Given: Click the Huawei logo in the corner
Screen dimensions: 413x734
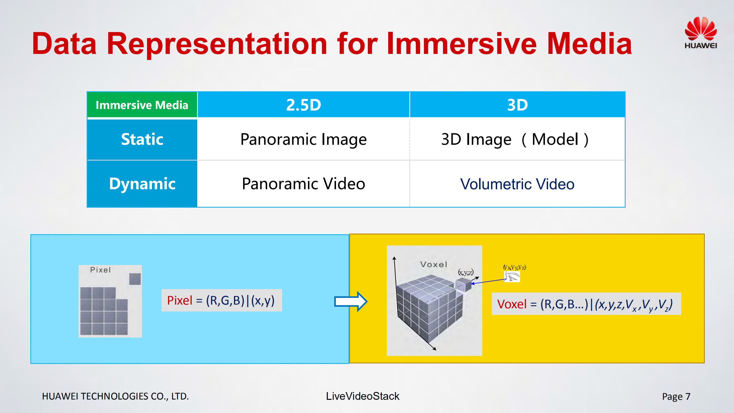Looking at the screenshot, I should pyautogui.click(x=700, y=33).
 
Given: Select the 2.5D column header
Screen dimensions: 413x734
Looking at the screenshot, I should pyautogui.click(x=303, y=105).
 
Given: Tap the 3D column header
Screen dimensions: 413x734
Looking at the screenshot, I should pyautogui.click(x=517, y=105).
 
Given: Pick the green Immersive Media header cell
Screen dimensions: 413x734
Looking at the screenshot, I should pyautogui.click(x=142, y=105).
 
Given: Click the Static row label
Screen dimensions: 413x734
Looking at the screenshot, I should pyautogui.click(x=142, y=139).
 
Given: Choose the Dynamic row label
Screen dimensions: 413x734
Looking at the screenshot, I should pyautogui.click(x=142, y=184).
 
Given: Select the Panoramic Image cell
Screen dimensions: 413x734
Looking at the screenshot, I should pyautogui.click(x=303, y=139).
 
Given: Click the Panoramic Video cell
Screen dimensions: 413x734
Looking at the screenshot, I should pyautogui.click(x=303, y=184).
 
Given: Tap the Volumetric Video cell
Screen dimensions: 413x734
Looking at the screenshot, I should pyautogui.click(x=517, y=184).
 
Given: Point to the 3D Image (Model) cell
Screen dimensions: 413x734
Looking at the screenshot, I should pyautogui.click(x=515, y=139).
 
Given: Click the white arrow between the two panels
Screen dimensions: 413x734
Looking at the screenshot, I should pyautogui.click(x=350, y=301).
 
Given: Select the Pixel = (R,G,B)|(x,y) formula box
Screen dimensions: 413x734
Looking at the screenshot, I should pyautogui.click(x=221, y=300).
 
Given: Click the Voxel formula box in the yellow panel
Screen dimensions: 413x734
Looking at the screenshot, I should pyautogui.click(x=586, y=304).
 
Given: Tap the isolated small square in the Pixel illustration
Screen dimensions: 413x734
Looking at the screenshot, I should pyautogui.click(x=135, y=279).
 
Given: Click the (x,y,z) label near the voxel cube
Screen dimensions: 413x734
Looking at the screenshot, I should pyautogui.click(x=466, y=272).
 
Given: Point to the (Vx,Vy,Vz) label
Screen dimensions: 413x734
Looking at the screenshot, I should pyautogui.click(x=514, y=267).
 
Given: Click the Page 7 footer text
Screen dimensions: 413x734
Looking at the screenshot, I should pyautogui.click(x=676, y=396).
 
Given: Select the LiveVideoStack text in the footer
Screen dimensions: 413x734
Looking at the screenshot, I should pyautogui.click(x=362, y=396).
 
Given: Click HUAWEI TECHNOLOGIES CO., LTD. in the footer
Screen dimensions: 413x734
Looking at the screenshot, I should pyautogui.click(x=115, y=396).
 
